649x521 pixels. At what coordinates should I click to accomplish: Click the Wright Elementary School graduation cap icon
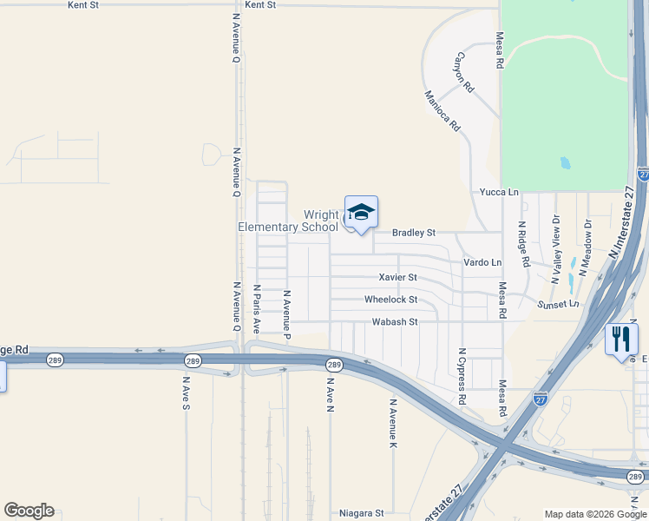[361, 212]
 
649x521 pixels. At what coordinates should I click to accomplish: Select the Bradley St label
[413, 233]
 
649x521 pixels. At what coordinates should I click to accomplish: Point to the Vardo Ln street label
[482, 262]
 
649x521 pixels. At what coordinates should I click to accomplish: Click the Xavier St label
[397, 278]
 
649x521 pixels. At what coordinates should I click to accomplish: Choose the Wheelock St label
[390, 300]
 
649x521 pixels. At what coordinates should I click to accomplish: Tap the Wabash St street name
[395, 321]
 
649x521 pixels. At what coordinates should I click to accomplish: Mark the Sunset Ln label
[557, 305]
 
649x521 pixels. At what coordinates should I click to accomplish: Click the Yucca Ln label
[499, 192]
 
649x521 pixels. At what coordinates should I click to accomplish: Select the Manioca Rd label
[442, 111]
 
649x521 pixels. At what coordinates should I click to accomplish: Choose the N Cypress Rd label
[462, 377]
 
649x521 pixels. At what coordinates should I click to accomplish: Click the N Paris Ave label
[257, 308]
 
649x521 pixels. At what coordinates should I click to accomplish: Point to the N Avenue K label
[393, 424]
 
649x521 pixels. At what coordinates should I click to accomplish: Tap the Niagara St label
[360, 513]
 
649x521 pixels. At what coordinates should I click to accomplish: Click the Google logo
[29, 511]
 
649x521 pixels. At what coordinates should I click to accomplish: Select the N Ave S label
[186, 392]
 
